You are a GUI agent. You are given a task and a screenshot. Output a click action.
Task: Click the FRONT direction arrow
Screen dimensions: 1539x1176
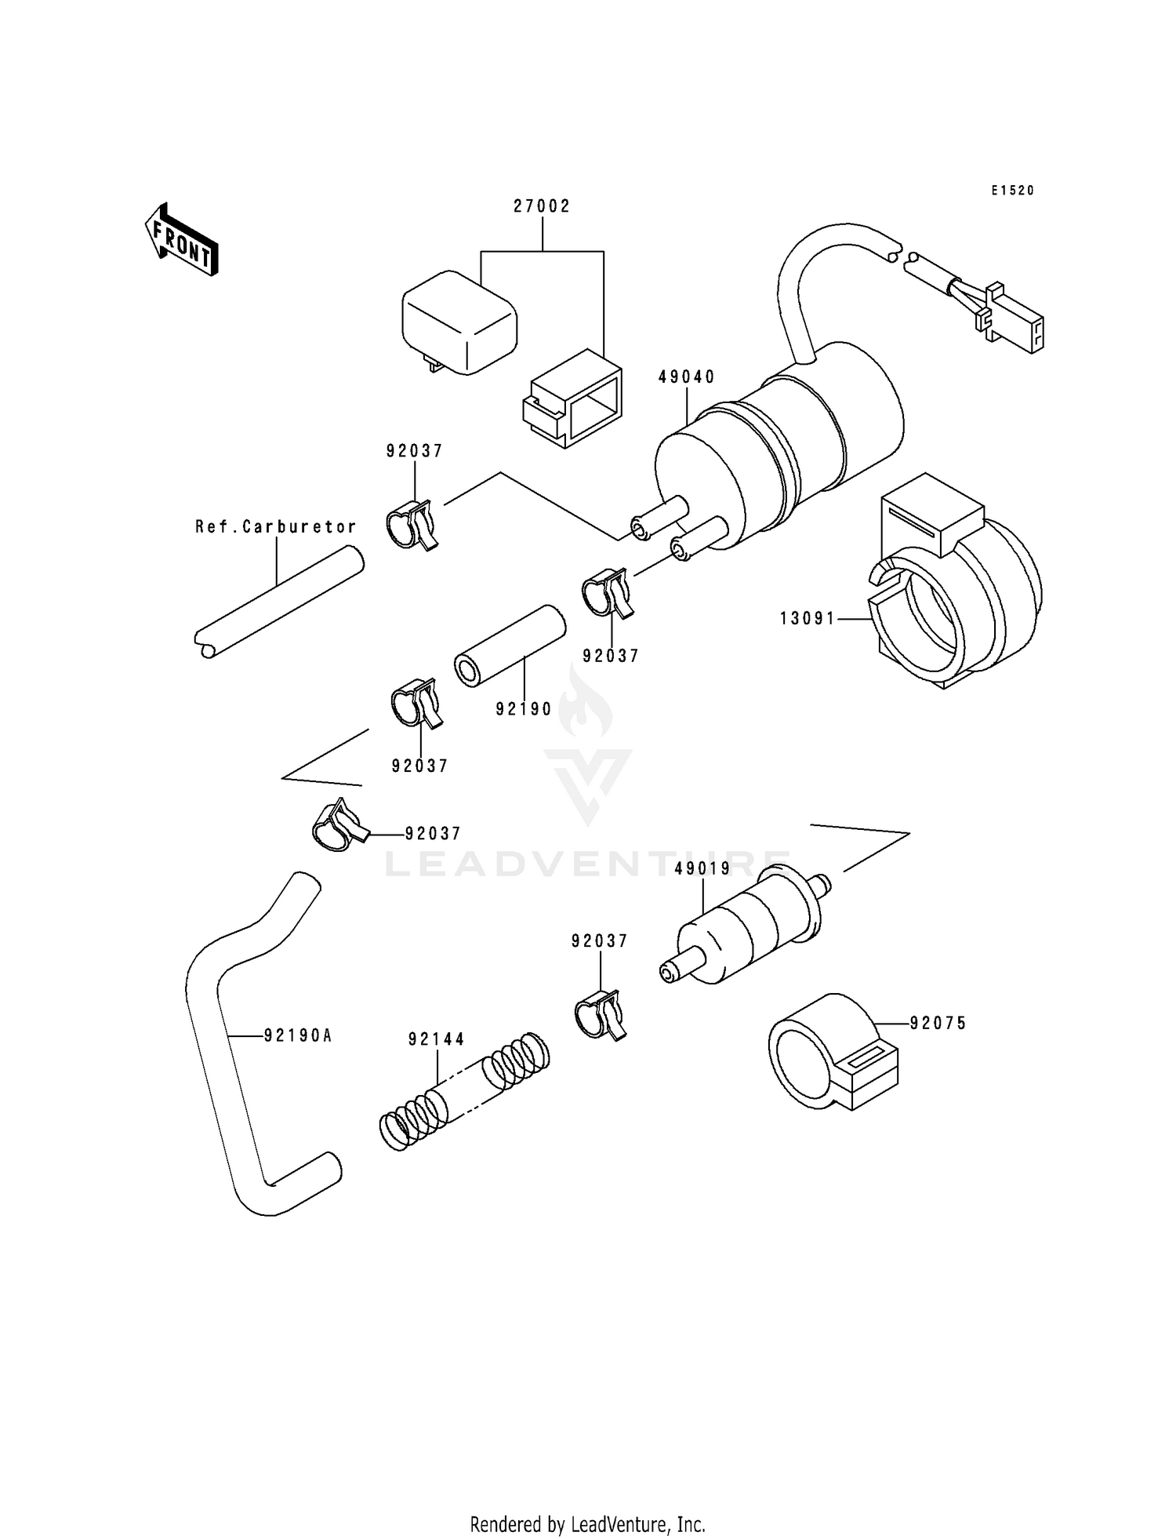[x=181, y=239]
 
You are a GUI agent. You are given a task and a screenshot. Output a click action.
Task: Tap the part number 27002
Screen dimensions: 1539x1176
[x=542, y=206]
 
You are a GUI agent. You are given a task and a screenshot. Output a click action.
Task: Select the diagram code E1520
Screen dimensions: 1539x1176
[x=1012, y=191]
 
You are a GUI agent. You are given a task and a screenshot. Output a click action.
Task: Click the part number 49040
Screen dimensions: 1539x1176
[x=686, y=377]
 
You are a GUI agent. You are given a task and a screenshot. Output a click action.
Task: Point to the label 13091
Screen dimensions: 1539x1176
[x=808, y=619]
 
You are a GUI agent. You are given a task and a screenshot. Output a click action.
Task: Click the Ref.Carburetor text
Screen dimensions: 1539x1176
[x=276, y=527]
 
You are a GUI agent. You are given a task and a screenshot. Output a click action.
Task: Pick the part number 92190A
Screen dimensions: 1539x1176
[x=298, y=1036]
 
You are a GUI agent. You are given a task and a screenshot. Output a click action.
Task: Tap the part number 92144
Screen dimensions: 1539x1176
[x=436, y=1040]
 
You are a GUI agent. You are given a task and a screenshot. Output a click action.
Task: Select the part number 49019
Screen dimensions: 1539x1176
[x=702, y=868]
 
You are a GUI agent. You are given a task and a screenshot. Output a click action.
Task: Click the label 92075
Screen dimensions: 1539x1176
[x=938, y=1024]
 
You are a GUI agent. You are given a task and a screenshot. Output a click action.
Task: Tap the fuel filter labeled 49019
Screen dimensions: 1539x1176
[x=745, y=926]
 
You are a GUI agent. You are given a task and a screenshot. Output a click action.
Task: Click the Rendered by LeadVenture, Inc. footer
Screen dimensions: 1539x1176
[x=587, y=1524]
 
